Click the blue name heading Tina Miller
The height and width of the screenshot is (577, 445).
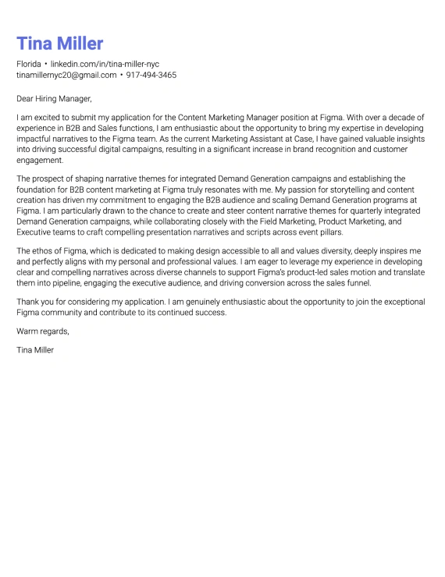(59, 44)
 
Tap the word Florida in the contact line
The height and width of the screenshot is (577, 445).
(29, 63)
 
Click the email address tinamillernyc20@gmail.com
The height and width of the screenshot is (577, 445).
(66, 75)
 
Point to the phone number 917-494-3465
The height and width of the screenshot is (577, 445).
(151, 75)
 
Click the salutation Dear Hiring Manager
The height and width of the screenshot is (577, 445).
(54, 99)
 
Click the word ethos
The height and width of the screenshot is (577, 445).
(40, 250)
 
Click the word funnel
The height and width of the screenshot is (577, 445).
(357, 283)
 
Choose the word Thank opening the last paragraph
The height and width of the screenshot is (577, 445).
(27, 301)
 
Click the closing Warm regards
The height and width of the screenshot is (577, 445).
(42, 331)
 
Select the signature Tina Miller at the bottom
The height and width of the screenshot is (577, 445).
(35, 350)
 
